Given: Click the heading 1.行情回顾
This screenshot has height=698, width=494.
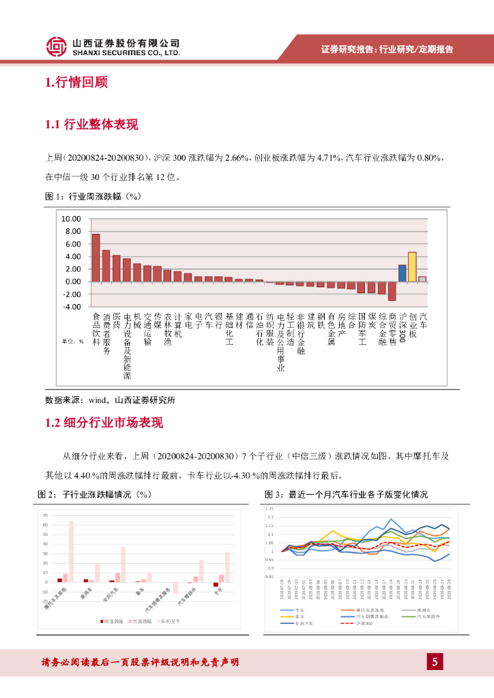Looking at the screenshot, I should click(76, 83).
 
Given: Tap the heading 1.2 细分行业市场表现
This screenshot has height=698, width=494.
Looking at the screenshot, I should click(104, 423).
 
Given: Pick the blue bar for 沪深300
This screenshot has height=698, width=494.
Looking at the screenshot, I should click(403, 273).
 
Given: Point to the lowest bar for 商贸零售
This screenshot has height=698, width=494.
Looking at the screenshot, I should click(392, 290).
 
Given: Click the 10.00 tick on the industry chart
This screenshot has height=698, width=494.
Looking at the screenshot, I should click(71, 219).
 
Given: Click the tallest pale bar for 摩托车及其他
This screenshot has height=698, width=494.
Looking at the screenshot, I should click(71, 551).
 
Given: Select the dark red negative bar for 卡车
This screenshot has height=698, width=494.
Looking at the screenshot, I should click(216, 584).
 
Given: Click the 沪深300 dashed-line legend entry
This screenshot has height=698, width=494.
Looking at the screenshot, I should click(362, 623).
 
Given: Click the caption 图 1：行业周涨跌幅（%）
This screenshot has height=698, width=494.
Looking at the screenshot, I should click(92, 197).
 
